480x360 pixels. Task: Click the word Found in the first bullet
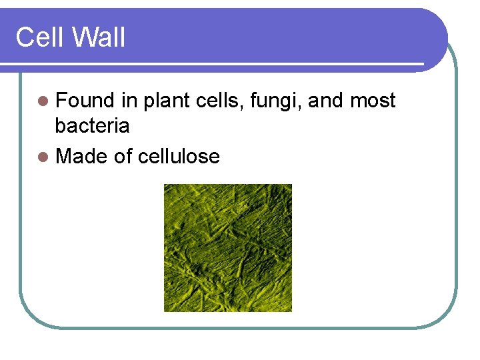point(85,101)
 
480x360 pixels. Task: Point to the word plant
point(167,101)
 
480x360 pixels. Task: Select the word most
point(373,101)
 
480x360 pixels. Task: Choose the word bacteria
point(93,125)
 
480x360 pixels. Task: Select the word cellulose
point(179,157)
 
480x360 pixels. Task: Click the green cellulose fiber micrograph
point(228,248)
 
